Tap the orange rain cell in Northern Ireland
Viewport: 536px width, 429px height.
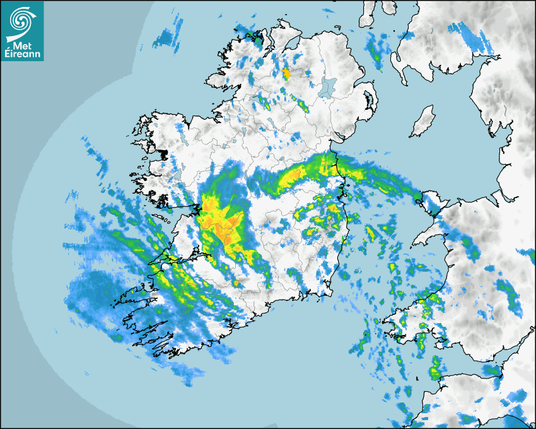point(287,74)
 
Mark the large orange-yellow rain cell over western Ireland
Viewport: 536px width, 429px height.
point(221,224)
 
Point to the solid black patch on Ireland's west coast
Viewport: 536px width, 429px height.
point(164,154)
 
